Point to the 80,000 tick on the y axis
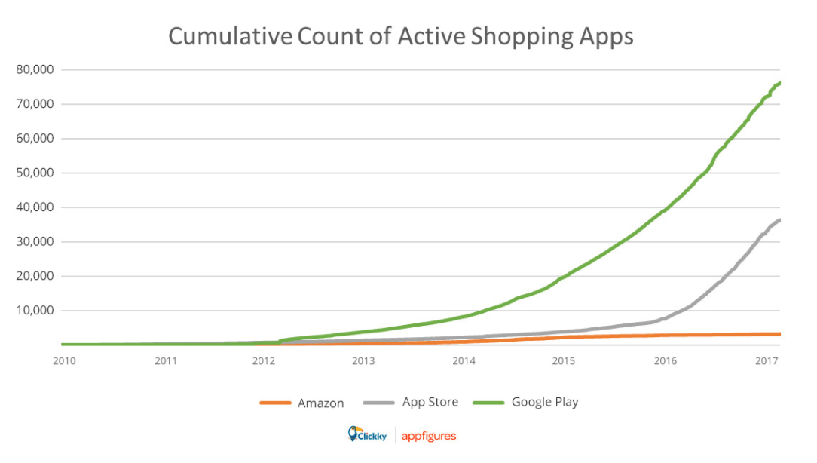click(35, 69)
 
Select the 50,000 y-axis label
click(35, 173)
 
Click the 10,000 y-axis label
click(35, 310)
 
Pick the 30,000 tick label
click(35, 241)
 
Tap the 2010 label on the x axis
click(65, 361)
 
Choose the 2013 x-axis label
click(363, 361)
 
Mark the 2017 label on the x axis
click(765, 361)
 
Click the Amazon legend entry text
click(320, 403)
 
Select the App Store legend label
click(430, 403)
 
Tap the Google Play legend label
click(544, 403)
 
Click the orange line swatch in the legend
click(275, 403)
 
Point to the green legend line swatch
click(489, 403)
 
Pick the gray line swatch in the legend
click(379, 403)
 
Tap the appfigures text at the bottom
click(428, 436)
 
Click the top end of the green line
click(779, 83)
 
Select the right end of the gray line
click(779, 220)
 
